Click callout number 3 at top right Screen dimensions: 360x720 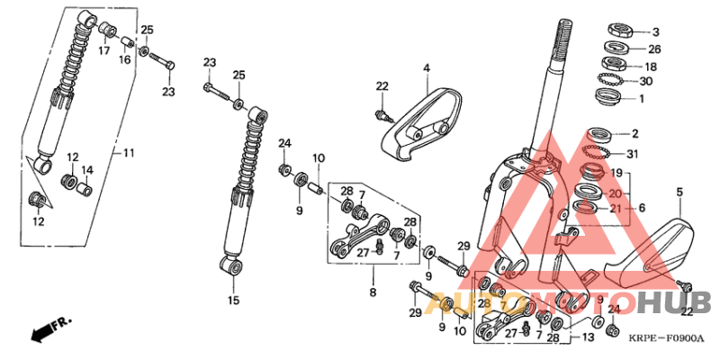pyautogui.click(x=655, y=31)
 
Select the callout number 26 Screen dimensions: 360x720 pyautogui.click(x=654, y=49)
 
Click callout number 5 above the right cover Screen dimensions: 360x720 pyautogui.click(x=679, y=192)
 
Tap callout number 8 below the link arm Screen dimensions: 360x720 pyautogui.click(x=371, y=293)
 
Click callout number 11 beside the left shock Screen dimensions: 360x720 pyautogui.click(x=128, y=154)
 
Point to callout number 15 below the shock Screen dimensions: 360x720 pyautogui.click(x=234, y=300)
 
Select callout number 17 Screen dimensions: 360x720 pyautogui.click(x=104, y=51)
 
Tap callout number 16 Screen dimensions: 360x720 pyautogui.click(x=125, y=59)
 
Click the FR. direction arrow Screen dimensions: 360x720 pyautogui.click(x=50, y=329)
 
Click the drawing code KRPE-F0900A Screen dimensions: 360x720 pyautogui.click(x=668, y=339)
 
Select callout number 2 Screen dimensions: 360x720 pyautogui.click(x=634, y=134)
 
